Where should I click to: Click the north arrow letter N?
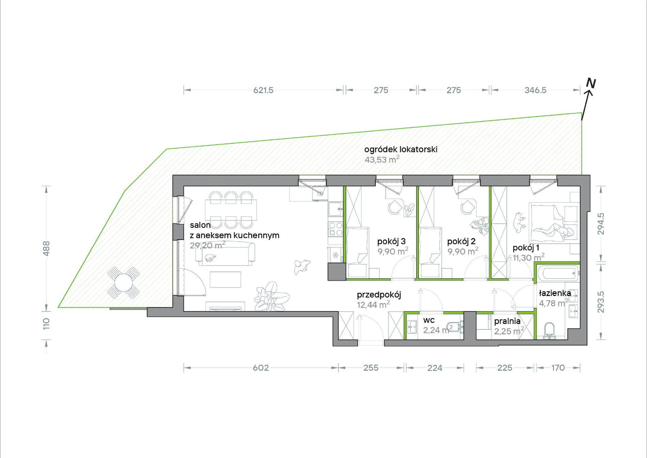591,83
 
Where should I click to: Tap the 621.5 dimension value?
263,90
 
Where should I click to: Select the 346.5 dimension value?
535,90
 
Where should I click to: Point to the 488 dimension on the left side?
47,248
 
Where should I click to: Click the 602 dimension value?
261,368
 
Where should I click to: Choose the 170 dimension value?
558,368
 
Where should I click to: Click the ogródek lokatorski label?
401,149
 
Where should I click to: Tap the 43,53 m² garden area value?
382,159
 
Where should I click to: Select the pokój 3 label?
391,241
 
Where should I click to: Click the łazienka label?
555,293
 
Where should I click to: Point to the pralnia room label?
507,321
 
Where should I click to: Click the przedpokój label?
379,295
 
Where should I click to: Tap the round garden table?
123,282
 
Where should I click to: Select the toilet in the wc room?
455,327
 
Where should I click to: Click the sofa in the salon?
225,254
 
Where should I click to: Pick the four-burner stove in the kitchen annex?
335,229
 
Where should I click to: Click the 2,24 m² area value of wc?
438,330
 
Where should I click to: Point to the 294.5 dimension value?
601,224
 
